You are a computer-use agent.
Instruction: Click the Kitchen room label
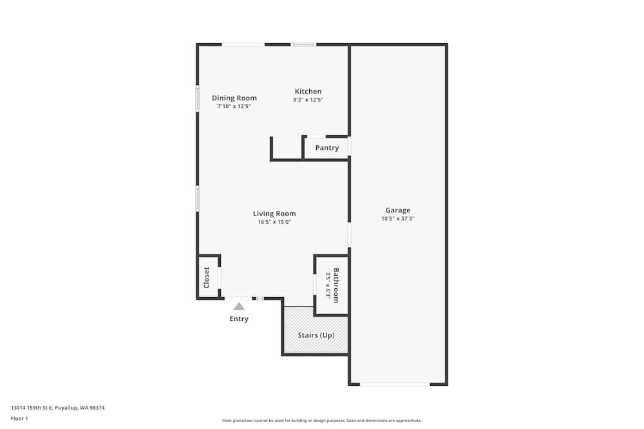coord(308,91)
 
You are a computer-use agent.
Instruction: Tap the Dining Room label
coord(234,98)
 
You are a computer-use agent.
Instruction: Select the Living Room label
coord(274,214)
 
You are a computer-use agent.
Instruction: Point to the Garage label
coord(397,210)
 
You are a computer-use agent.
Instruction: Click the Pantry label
coord(327,148)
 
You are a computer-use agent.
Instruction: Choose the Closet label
coord(207,278)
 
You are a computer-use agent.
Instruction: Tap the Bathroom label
coord(336,286)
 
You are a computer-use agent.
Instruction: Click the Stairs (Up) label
coord(316,335)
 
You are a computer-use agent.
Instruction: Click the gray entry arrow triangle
coord(239,306)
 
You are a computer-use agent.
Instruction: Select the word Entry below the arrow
coord(239,318)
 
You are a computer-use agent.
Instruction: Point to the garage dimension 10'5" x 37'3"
coord(397,219)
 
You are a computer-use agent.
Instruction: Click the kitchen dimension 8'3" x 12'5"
coord(308,100)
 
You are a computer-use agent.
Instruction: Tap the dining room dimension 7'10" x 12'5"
coord(234,106)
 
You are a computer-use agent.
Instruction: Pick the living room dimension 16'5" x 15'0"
coord(274,222)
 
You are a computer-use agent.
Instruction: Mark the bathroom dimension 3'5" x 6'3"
coord(328,286)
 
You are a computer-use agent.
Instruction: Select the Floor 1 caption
coord(19,418)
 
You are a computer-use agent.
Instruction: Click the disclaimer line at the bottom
coord(321,421)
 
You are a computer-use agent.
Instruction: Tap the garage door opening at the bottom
coord(395,384)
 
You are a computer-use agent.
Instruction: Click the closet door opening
coord(220,278)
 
